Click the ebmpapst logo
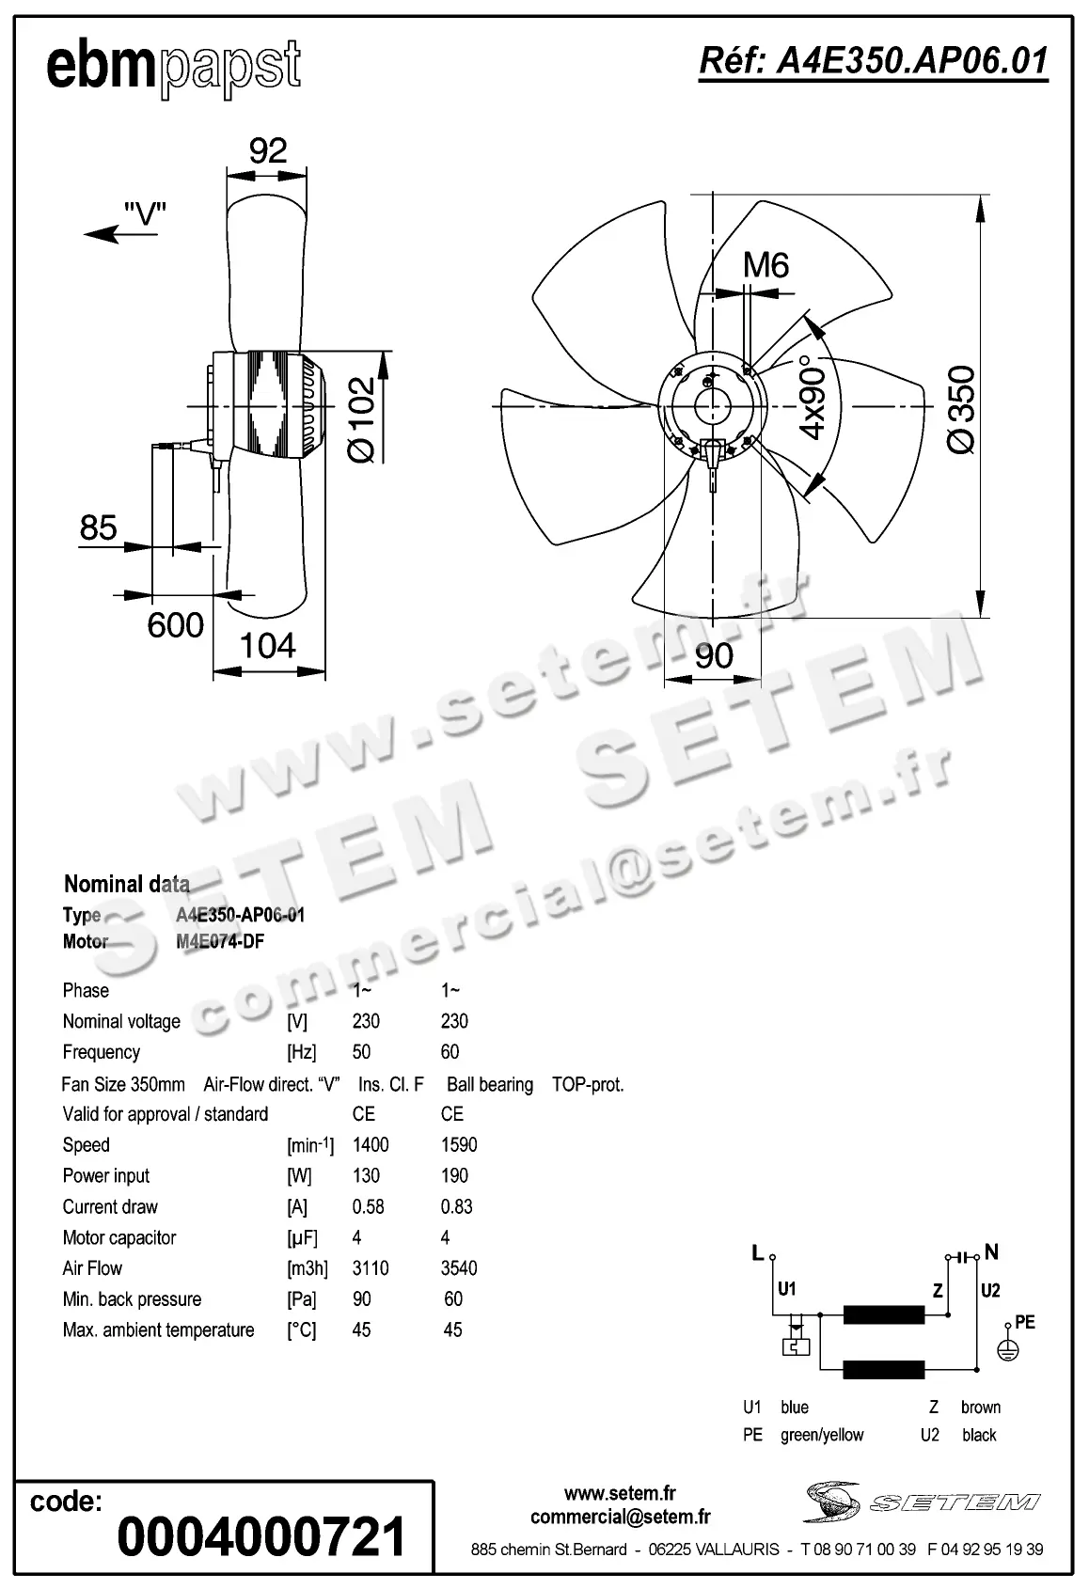click(174, 68)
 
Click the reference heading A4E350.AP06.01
click(873, 61)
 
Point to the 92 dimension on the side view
click(268, 150)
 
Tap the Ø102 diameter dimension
click(362, 420)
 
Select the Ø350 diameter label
click(961, 410)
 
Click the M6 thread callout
click(765, 266)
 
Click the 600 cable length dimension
click(176, 625)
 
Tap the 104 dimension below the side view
click(268, 646)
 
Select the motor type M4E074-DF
click(220, 941)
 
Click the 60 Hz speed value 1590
click(459, 1145)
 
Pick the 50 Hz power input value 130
click(366, 1176)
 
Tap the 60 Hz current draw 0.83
click(457, 1207)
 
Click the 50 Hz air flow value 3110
click(371, 1268)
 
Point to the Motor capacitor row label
click(119, 1238)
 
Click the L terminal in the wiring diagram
click(758, 1252)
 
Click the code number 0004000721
click(261, 1538)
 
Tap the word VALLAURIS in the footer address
click(737, 1550)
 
